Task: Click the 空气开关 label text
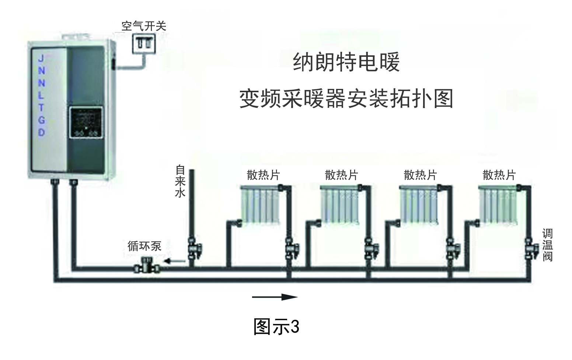144,26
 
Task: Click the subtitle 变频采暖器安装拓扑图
346,98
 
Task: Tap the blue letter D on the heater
41,132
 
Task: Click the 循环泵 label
144,246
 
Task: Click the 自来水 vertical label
180,181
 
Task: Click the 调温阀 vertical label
547,245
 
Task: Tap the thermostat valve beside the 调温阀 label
531,249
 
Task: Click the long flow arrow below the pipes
275,297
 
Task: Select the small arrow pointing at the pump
175,261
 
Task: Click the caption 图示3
276,326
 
